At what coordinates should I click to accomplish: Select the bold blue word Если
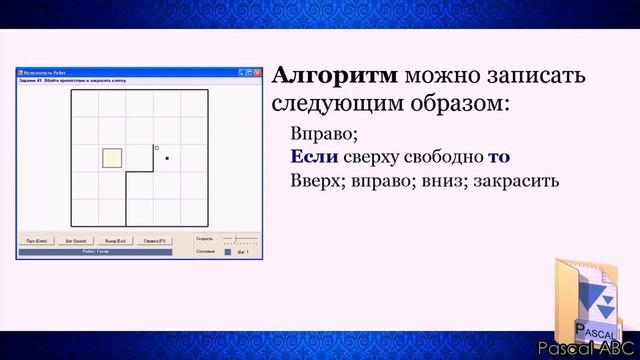(x=313, y=157)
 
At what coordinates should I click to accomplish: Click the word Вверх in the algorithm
(x=311, y=182)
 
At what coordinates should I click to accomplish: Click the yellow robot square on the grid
(x=112, y=158)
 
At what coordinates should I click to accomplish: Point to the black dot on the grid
(x=166, y=158)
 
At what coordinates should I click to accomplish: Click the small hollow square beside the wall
(x=156, y=148)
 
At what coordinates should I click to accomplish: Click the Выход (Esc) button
(x=114, y=240)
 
